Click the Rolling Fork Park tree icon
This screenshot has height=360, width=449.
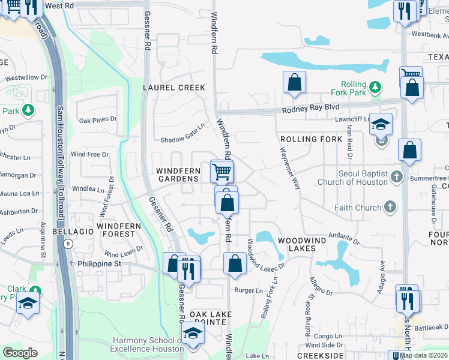click(x=375, y=88)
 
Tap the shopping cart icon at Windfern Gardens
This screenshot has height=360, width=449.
click(x=222, y=172)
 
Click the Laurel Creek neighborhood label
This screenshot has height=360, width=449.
click(x=174, y=88)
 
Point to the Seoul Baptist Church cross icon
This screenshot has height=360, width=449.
click(x=396, y=177)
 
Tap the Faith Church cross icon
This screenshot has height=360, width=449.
click(x=390, y=208)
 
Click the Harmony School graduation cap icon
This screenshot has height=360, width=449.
click(x=193, y=332)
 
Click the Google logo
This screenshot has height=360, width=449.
click(x=20, y=352)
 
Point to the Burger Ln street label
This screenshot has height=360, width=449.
click(x=249, y=291)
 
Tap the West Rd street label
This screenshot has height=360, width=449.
click(x=59, y=5)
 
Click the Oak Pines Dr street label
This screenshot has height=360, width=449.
click(x=98, y=119)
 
